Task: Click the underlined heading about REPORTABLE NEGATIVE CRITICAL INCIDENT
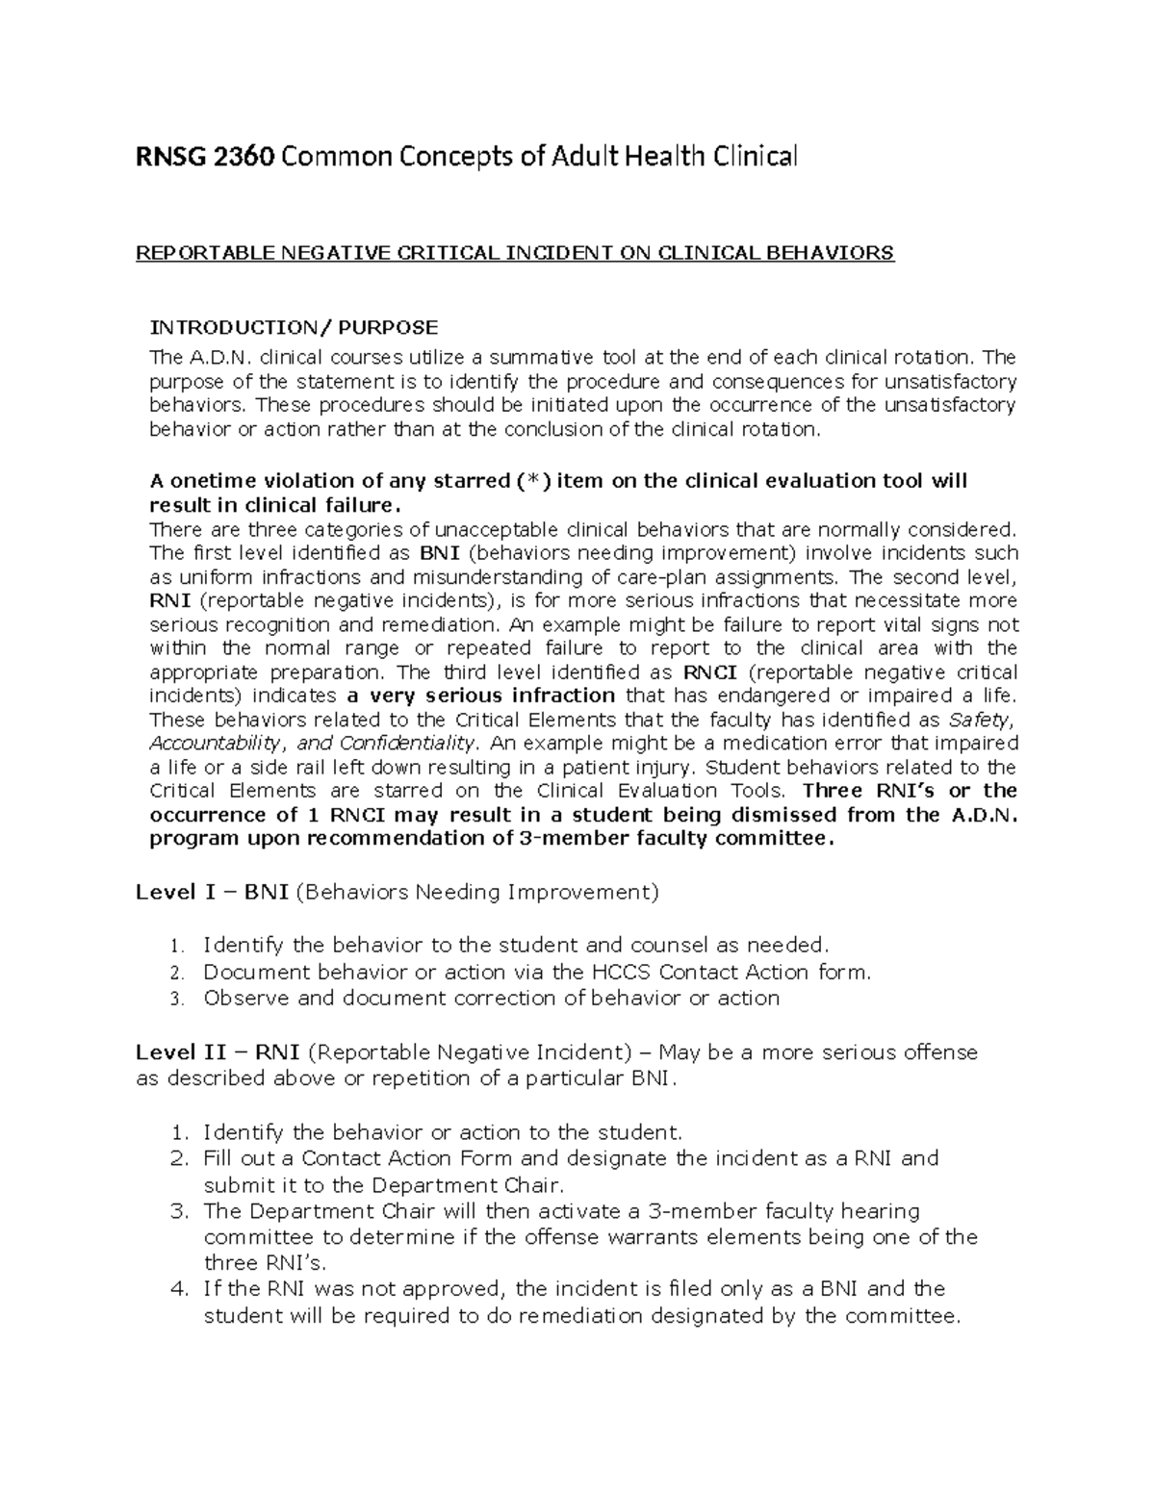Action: tap(515, 253)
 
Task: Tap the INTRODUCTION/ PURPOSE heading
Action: tap(294, 327)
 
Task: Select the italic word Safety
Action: tap(982, 721)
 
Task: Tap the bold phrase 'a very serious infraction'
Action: tap(477, 696)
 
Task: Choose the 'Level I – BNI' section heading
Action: tap(213, 892)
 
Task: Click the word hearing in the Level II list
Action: tap(881, 1210)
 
